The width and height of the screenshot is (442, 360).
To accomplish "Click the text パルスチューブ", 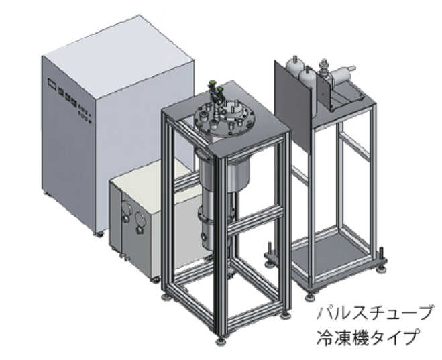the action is (x=375, y=312).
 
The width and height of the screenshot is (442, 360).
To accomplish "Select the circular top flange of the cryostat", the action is (x=225, y=116).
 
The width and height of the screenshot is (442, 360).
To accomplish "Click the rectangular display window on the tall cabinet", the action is (x=52, y=83).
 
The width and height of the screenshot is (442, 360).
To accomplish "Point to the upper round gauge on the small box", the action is (x=126, y=209).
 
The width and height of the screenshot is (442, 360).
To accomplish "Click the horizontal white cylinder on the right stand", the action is (x=343, y=73).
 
